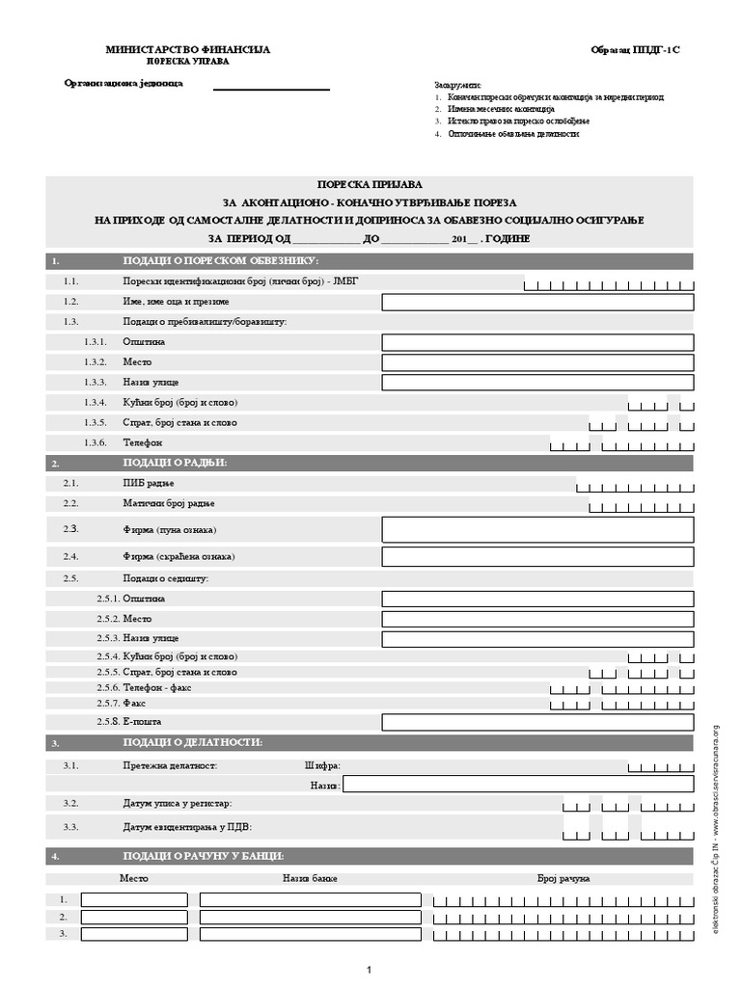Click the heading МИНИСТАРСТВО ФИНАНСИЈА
point(188,48)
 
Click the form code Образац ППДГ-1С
point(642,48)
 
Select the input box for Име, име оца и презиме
point(537,303)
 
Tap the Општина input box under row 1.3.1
point(537,342)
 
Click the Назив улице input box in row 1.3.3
point(537,383)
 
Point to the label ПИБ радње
point(149,483)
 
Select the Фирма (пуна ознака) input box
point(537,529)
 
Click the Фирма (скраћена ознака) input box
point(537,557)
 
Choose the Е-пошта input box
point(537,722)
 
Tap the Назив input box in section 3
point(518,785)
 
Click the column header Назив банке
point(309,878)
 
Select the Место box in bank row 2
point(134,917)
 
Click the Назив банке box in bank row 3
point(310,934)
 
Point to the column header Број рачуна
point(563,878)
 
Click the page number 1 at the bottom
point(370,969)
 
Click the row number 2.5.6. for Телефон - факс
point(108,687)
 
